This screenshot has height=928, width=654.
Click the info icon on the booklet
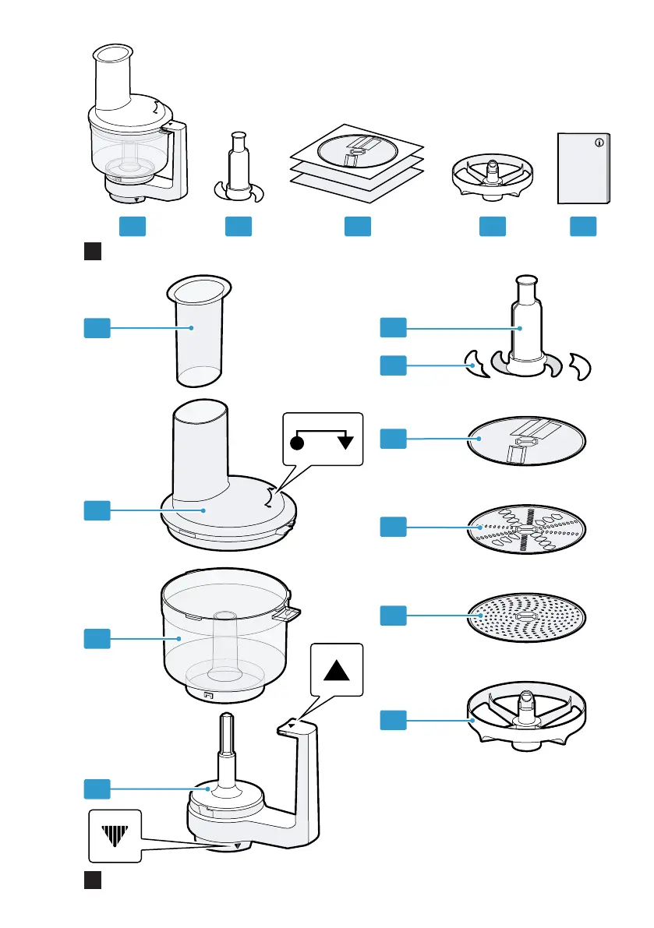(599, 143)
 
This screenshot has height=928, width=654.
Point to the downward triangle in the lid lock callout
(346, 442)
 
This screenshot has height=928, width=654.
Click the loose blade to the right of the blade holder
(580, 365)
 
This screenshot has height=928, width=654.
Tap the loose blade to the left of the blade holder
(475, 363)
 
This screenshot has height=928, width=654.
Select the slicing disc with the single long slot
(527, 442)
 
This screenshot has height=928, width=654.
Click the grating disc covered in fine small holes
(527, 619)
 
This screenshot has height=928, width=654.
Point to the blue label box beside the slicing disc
(393, 439)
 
